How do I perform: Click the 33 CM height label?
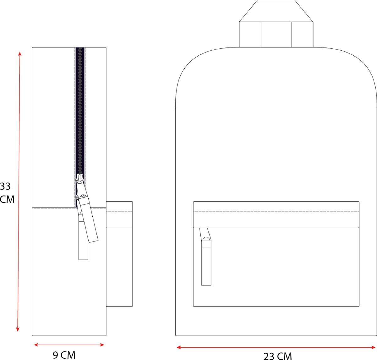point(7,193)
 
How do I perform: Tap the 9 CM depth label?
point(64,355)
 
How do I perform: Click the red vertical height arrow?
point(19,191)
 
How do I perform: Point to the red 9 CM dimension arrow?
point(69,345)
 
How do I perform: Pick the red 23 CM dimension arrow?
point(276,347)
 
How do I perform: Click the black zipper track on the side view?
point(80,111)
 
